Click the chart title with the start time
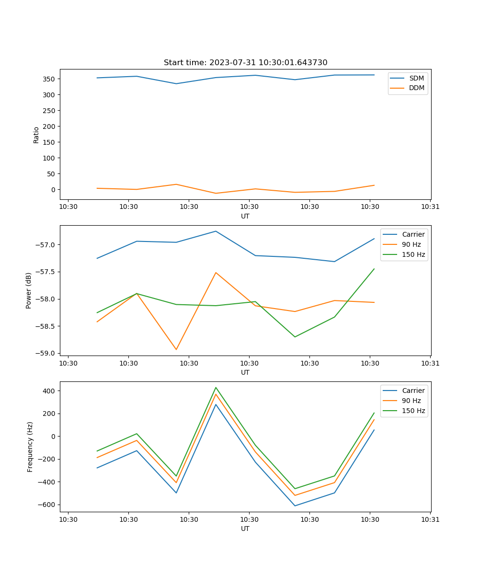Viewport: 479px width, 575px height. [245, 63]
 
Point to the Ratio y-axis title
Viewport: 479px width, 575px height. [36, 135]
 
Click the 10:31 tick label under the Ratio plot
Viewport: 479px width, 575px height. [430, 207]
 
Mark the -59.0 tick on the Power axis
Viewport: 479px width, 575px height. [46, 353]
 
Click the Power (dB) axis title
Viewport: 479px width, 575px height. [29, 290]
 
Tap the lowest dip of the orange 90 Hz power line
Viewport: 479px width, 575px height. [176, 349]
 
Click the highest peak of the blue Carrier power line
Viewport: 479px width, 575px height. [216, 231]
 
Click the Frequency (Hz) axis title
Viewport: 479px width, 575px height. [30, 447]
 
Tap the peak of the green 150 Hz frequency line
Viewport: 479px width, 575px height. [216, 388]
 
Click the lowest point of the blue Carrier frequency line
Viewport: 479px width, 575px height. [295, 506]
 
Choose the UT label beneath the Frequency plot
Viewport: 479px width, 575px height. [245, 529]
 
